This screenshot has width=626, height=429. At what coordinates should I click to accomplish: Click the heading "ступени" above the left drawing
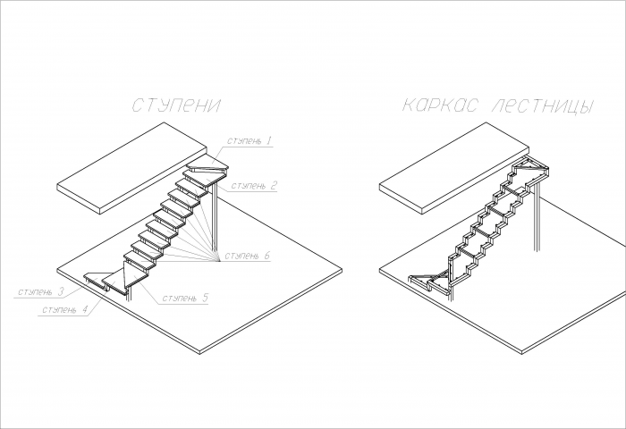click(x=175, y=105)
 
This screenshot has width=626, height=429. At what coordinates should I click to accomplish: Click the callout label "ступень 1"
click(x=250, y=141)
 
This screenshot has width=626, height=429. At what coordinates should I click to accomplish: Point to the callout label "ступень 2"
click(x=254, y=186)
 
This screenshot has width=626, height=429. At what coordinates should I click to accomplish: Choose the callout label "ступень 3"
click(x=40, y=291)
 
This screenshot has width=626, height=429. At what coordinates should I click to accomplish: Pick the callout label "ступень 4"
click(x=64, y=309)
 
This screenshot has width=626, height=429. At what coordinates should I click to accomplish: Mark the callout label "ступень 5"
click(x=185, y=299)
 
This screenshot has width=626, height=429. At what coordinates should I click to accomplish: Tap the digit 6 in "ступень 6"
click(x=266, y=256)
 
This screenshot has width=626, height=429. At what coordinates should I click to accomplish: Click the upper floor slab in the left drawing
click(x=132, y=168)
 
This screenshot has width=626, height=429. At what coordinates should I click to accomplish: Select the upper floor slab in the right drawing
click(x=454, y=168)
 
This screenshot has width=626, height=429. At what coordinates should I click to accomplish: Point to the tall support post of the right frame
click(x=537, y=217)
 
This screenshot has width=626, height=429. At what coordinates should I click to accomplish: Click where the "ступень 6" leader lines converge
click(x=220, y=261)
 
